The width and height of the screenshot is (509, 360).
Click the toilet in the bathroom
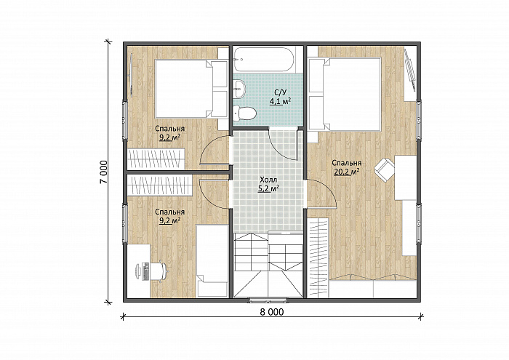pyautogui.click(x=245, y=113)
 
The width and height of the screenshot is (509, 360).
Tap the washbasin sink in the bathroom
pyautogui.click(x=239, y=88)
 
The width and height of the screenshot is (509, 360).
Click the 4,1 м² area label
pyautogui.click(x=280, y=102)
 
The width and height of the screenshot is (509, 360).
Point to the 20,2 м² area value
pyautogui.click(x=346, y=172)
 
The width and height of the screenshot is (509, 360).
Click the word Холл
pyautogui.click(x=268, y=180)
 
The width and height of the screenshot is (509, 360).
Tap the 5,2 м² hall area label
pyautogui.click(x=268, y=188)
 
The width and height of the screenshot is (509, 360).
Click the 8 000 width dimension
pyautogui.click(x=272, y=312)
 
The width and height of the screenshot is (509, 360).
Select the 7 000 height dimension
pyautogui.click(x=104, y=172)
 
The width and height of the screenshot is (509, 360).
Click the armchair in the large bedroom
pyautogui.click(x=385, y=169)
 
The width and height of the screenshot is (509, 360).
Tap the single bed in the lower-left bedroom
pyautogui.click(x=212, y=260)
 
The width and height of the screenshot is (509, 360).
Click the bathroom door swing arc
pyautogui.click(x=281, y=148)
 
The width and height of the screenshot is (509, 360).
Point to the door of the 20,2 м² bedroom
pyautogui.click(x=322, y=193)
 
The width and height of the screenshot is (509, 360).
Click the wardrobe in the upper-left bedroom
pyautogui.click(x=156, y=159)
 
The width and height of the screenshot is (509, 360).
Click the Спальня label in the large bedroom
pyautogui.click(x=346, y=163)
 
